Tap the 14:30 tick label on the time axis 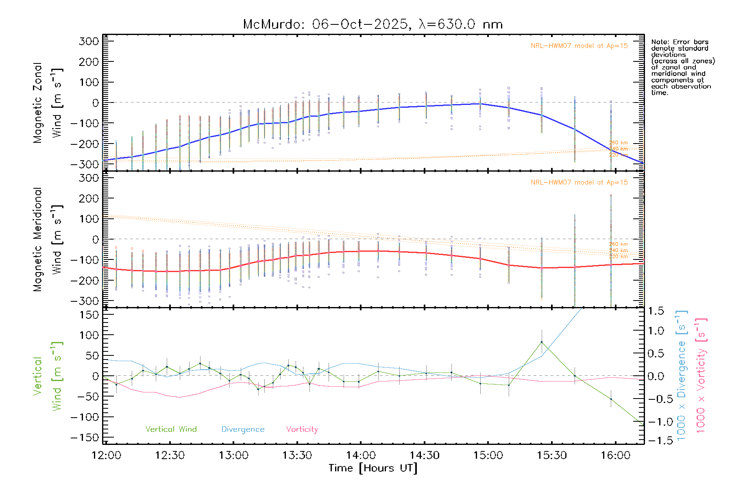425,455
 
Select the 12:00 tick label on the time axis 106,455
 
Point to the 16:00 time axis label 615,455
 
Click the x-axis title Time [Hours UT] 373,468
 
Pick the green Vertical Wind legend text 171,429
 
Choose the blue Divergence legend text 243,429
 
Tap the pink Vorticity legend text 302,429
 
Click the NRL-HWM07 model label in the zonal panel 579,46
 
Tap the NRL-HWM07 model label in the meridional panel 579,183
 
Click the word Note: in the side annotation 660,42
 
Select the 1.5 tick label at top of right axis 656,311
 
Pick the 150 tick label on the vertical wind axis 89,315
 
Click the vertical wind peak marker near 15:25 541,342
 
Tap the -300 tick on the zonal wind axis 85,164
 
